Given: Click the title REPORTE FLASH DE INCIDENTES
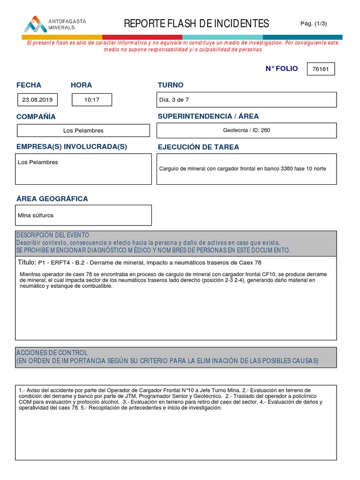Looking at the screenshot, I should pos(196,23).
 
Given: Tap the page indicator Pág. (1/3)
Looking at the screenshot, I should pos(314,23).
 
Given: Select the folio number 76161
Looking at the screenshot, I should pos(321,69).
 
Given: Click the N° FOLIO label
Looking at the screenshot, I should pos(281,68).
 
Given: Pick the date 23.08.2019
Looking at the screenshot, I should pos(37,100).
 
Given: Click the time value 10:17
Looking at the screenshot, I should pos(92,100).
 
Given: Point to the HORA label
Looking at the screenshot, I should pos(81,85).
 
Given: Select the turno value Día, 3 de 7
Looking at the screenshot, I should pos(174,100).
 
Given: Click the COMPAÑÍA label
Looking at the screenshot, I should pos(36,116).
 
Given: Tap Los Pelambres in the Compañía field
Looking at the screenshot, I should pos(83,130).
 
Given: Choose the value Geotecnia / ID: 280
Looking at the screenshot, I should pos(246,130).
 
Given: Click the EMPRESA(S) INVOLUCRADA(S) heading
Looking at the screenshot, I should pos(72,147).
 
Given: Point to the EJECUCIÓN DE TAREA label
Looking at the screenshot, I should pos(198,147).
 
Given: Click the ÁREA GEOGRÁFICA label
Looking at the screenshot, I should pos(52,199).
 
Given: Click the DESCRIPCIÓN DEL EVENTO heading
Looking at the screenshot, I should pos(52,235).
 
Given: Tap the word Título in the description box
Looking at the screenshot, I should pos(26,262).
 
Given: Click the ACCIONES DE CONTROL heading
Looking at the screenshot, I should pos(52,352).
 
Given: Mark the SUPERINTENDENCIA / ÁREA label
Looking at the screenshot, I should pos(208,116).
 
